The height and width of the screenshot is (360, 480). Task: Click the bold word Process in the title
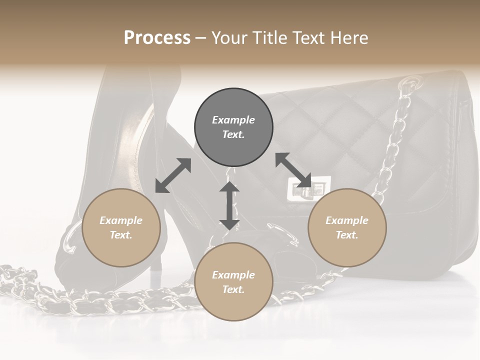tap(157, 38)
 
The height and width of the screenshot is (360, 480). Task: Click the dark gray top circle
tap(233, 127)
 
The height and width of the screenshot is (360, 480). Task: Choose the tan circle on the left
tap(121, 227)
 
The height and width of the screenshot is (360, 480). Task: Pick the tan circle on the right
tap(347, 227)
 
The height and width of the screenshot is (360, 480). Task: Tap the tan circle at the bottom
tap(233, 281)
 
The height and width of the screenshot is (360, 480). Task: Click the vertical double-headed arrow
tap(229, 205)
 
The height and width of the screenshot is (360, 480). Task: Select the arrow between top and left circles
tap(173, 175)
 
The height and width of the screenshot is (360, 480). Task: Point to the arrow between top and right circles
tap(293, 170)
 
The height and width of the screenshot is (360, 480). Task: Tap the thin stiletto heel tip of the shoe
tap(155, 278)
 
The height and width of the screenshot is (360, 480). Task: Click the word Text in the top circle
tap(233, 135)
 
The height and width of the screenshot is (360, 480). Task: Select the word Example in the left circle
tap(121, 220)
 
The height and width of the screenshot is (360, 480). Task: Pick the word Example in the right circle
tap(347, 220)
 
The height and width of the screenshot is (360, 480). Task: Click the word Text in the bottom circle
tap(233, 289)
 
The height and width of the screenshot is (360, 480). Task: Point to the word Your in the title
tap(228, 38)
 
